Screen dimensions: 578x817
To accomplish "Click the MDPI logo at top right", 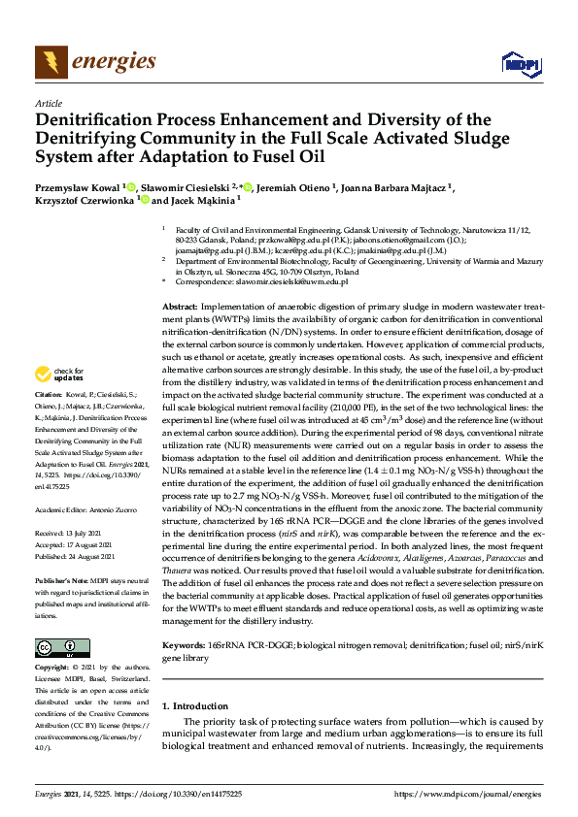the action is (x=520, y=64).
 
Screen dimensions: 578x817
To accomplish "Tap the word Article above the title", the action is (x=48, y=103).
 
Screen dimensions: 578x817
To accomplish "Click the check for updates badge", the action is (x=60, y=375).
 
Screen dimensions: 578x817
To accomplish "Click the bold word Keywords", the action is (x=183, y=643).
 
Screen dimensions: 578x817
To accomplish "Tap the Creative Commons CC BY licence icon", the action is (x=56, y=647).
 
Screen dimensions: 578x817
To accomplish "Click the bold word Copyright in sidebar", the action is (x=52, y=668).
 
